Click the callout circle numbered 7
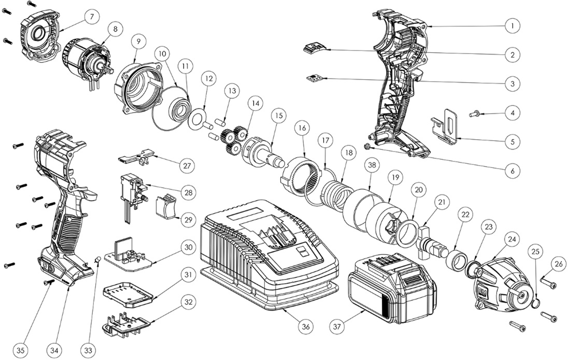pos(91,17)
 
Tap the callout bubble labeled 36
pos(306,327)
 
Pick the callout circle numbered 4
pos(512,113)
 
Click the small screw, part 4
pos(474,114)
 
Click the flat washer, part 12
pos(197,120)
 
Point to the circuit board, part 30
pos(130,256)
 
